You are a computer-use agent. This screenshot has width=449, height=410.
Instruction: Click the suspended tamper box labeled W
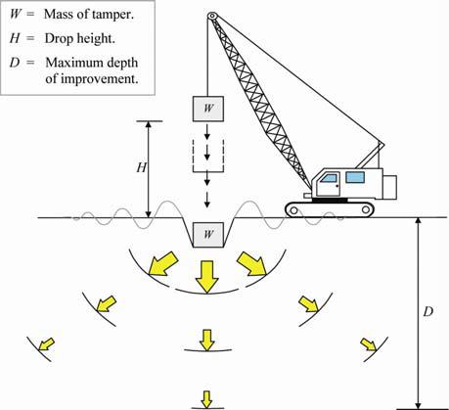tap(208, 109)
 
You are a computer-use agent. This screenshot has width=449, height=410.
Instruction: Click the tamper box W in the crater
tap(208, 235)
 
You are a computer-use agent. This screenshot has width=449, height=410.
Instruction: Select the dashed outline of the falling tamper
tap(193, 156)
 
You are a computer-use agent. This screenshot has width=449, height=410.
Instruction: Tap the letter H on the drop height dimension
tap(142, 167)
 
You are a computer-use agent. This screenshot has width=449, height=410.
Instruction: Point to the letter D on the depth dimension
tap(428, 312)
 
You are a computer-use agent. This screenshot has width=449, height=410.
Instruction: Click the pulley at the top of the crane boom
tap(212, 16)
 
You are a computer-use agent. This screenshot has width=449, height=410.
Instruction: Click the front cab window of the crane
tap(329, 178)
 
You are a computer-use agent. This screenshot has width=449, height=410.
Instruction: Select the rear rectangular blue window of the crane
tap(355, 177)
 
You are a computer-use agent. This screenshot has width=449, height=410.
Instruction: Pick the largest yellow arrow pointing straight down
tap(206, 277)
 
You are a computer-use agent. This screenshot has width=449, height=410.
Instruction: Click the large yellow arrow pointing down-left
tap(163, 263)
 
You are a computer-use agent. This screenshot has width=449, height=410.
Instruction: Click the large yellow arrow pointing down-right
tap(251, 263)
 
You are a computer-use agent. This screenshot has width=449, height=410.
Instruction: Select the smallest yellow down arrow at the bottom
tap(206, 399)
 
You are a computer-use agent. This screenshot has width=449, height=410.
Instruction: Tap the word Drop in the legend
tap(56, 38)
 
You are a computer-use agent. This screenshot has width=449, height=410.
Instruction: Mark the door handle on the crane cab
tap(337, 186)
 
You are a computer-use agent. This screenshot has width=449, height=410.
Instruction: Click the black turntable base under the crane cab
tap(330, 200)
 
